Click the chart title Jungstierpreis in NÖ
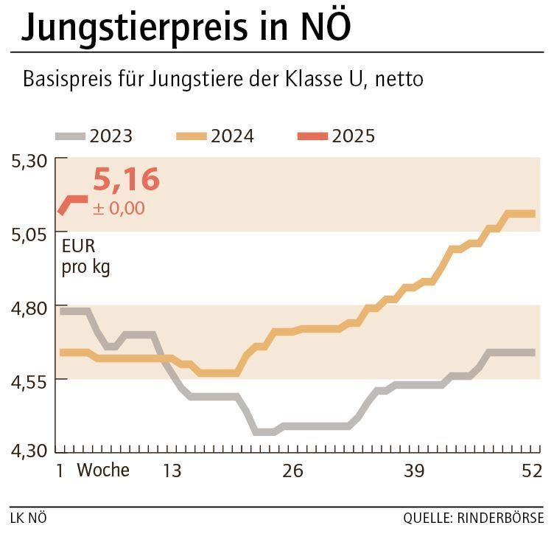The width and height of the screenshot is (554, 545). coord(186,27)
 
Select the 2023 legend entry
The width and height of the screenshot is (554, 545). coord(95,136)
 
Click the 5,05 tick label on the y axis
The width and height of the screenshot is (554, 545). coord(29,233)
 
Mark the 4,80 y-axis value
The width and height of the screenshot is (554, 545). coord(29,306)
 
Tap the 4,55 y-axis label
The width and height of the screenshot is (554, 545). coord(29,380)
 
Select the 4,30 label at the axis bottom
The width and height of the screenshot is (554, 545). coord(29,450)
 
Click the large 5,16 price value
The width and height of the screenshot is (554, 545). coord(126,180)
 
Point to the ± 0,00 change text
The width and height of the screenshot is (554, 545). coord(119,209)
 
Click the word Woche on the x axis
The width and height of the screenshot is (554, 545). coord(103,471)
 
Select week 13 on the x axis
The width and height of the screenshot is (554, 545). coord(172,471)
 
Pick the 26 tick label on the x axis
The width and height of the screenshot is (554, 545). coord(292,471)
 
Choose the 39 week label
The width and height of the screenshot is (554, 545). coord(413,471)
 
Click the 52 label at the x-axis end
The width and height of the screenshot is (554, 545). coord(531,471)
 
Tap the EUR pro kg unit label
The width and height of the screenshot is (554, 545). coord(85,257)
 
